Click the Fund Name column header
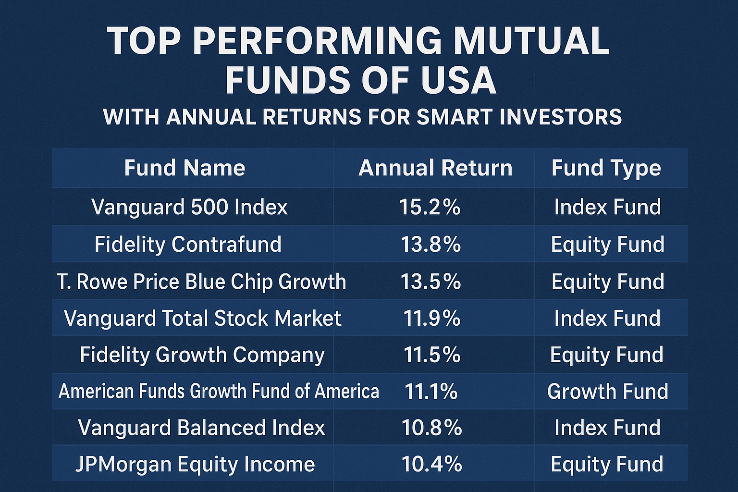(184, 168)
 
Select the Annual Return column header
(435, 168)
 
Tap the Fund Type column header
(606, 168)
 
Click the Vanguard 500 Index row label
(189, 207)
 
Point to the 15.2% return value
(430, 207)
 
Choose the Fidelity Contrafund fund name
(188, 244)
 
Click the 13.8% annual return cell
(431, 244)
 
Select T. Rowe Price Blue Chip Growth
(201, 282)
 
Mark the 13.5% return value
(431, 282)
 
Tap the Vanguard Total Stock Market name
(202, 318)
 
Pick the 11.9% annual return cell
(432, 318)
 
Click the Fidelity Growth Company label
(202, 355)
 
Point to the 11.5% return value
(432, 355)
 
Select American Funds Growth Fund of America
(219, 391)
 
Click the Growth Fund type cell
(608, 392)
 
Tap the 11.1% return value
(431, 392)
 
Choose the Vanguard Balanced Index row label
(201, 428)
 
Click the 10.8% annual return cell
(432, 428)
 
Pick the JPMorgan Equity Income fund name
(195, 464)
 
